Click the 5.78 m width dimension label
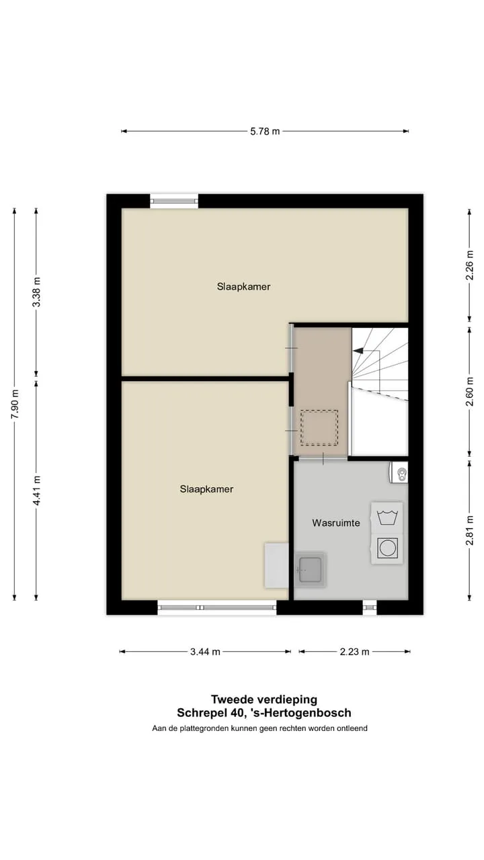pos(265,131)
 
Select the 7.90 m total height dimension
pos(15,404)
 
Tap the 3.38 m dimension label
pos(36,292)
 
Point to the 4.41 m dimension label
pos(36,490)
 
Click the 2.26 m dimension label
pos(469,265)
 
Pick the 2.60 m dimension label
pos(469,392)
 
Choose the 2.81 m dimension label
pos(469,531)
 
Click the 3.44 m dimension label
pos(205,652)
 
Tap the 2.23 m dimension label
pos(354,652)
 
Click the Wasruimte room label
pos(336,523)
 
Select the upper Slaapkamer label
pos(243,287)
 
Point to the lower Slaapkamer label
pos(206,489)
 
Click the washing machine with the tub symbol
pos(387,517)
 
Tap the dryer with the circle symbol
pos(387,549)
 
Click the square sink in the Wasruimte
pos(310,570)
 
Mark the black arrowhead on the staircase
pos(358,351)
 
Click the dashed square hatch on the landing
pos(319,428)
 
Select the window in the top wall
pos(174,201)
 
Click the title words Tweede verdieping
pos(264,699)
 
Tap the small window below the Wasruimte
pos(370,607)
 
